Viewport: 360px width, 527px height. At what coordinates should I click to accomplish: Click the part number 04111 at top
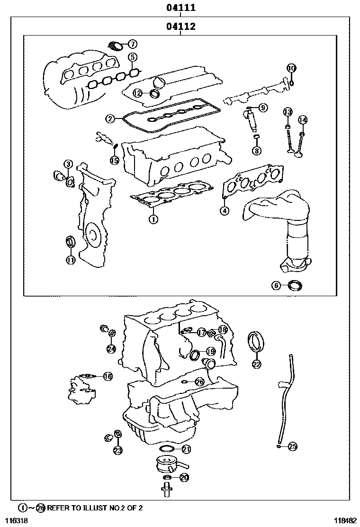181,8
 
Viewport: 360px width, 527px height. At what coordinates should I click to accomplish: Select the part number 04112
181,27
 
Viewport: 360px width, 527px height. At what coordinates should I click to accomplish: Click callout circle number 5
133,57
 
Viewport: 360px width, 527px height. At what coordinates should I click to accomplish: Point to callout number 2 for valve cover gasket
110,119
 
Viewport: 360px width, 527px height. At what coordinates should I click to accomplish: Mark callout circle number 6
276,285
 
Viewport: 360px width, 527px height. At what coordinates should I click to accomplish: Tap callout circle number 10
291,68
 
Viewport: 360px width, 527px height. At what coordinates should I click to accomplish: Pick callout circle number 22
256,364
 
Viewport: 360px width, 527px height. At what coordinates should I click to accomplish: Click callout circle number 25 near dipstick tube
292,445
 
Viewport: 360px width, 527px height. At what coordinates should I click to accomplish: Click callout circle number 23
117,450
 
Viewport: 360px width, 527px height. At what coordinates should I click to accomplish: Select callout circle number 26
199,382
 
